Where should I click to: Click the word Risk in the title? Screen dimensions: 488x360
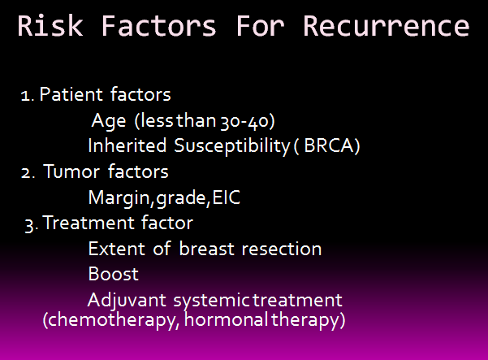point(50,26)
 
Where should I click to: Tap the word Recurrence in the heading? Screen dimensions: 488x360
point(386,26)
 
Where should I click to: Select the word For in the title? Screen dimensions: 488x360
point(260,26)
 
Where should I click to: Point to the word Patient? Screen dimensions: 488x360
point(71,94)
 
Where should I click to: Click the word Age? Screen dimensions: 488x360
point(109,121)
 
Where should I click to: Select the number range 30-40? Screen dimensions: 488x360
point(246,121)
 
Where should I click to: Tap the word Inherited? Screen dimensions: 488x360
point(127,145)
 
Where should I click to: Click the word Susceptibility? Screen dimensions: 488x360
point(232,146)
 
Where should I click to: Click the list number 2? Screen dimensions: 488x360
point(28,173)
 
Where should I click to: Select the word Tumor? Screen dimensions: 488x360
point(71,171)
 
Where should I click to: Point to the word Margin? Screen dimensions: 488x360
point(119,198)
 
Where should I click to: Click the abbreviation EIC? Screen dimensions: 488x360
point(227,197)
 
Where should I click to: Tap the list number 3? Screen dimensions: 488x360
point(31,225)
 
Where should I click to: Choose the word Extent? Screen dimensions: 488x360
point(116,249)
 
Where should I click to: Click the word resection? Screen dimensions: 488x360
point(281,249)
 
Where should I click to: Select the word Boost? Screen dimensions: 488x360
point(114,274)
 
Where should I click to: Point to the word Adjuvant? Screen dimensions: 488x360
point(127,301)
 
